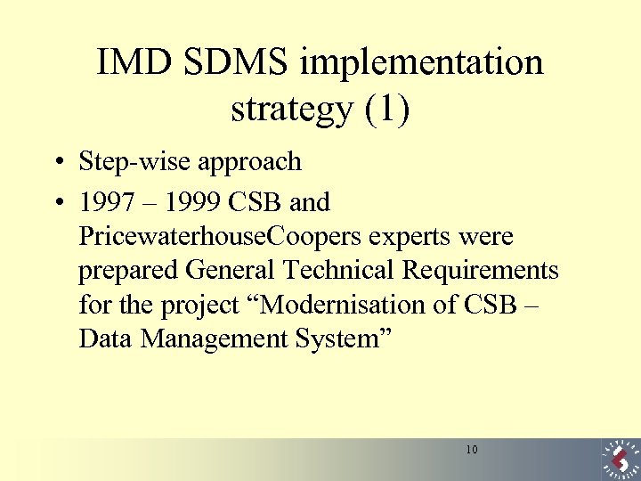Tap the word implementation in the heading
[422, 63]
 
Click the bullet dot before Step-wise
[56, 164]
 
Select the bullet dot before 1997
[56, 204]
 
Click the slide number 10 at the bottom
[471, 450]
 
